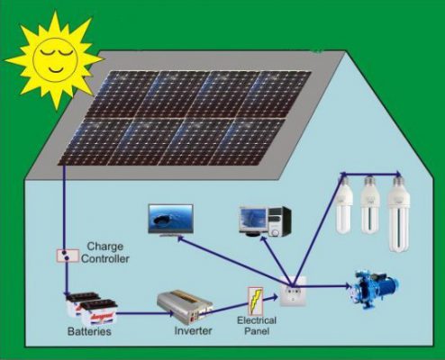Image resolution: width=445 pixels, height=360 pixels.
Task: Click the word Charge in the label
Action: [105, 247]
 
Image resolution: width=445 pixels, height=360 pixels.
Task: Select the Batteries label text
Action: [89, 331]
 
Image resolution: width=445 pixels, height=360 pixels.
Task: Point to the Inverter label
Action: [193, 330]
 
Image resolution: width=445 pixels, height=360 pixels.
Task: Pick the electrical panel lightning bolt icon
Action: [255, 301]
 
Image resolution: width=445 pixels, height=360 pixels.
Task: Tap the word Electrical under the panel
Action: [257, 320]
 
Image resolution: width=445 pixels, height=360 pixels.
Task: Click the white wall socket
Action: [294, 291]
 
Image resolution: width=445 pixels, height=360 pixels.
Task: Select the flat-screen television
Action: [170, 220]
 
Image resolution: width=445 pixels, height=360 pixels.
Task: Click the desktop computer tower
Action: [279, 221]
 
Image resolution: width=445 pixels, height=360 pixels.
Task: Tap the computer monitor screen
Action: [252, 220]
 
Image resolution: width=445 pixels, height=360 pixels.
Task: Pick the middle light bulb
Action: [370, 204]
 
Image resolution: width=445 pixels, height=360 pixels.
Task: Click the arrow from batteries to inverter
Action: [145, 314]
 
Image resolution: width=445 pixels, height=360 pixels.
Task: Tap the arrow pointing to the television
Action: [234, 261]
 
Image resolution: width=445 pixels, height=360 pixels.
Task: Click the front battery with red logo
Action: [99, 313]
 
